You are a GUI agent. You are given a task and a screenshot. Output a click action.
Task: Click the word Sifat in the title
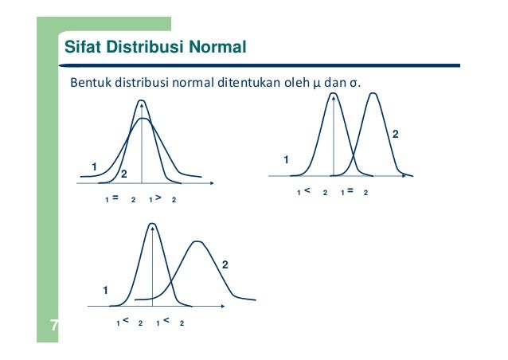click(82, 48)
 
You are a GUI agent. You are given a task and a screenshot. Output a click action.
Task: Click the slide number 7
click(53, 325)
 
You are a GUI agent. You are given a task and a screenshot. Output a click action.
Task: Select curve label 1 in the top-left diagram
click(94, 166)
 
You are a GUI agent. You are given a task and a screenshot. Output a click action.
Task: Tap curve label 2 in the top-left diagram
click(124, 174)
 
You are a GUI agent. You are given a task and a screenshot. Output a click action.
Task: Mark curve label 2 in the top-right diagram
click(395, 136)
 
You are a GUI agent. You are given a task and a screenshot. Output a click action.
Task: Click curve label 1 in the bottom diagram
click(104, 292)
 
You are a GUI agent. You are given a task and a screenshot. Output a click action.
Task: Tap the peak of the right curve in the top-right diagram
click(374, 94)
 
